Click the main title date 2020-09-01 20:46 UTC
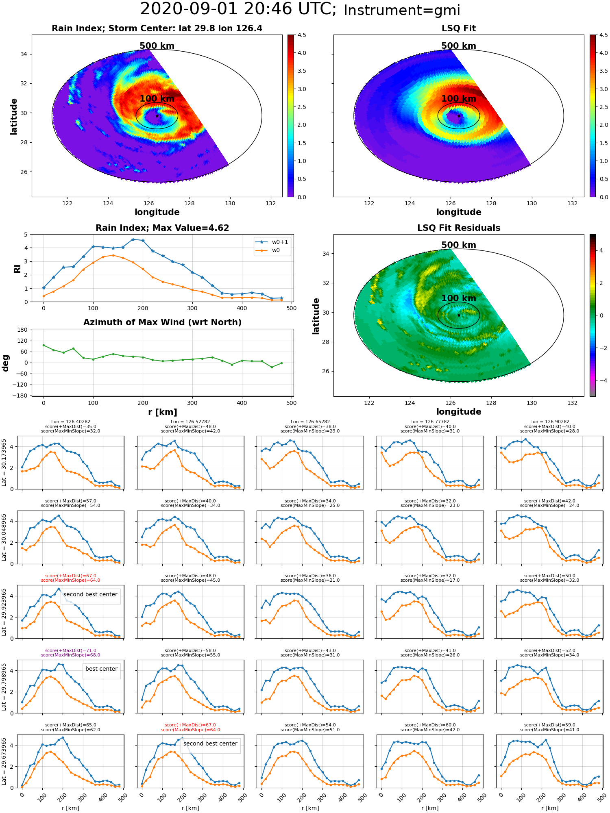238,9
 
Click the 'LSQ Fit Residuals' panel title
459,228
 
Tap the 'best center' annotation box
101,669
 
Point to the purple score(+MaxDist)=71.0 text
70,650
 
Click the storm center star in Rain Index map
157,116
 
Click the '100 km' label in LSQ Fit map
459,99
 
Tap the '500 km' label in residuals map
459,245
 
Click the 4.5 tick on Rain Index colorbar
302,35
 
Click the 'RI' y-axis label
17,268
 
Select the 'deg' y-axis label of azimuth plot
6,363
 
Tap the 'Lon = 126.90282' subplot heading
549,422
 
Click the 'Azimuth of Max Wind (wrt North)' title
162,322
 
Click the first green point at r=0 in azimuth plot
44,345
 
